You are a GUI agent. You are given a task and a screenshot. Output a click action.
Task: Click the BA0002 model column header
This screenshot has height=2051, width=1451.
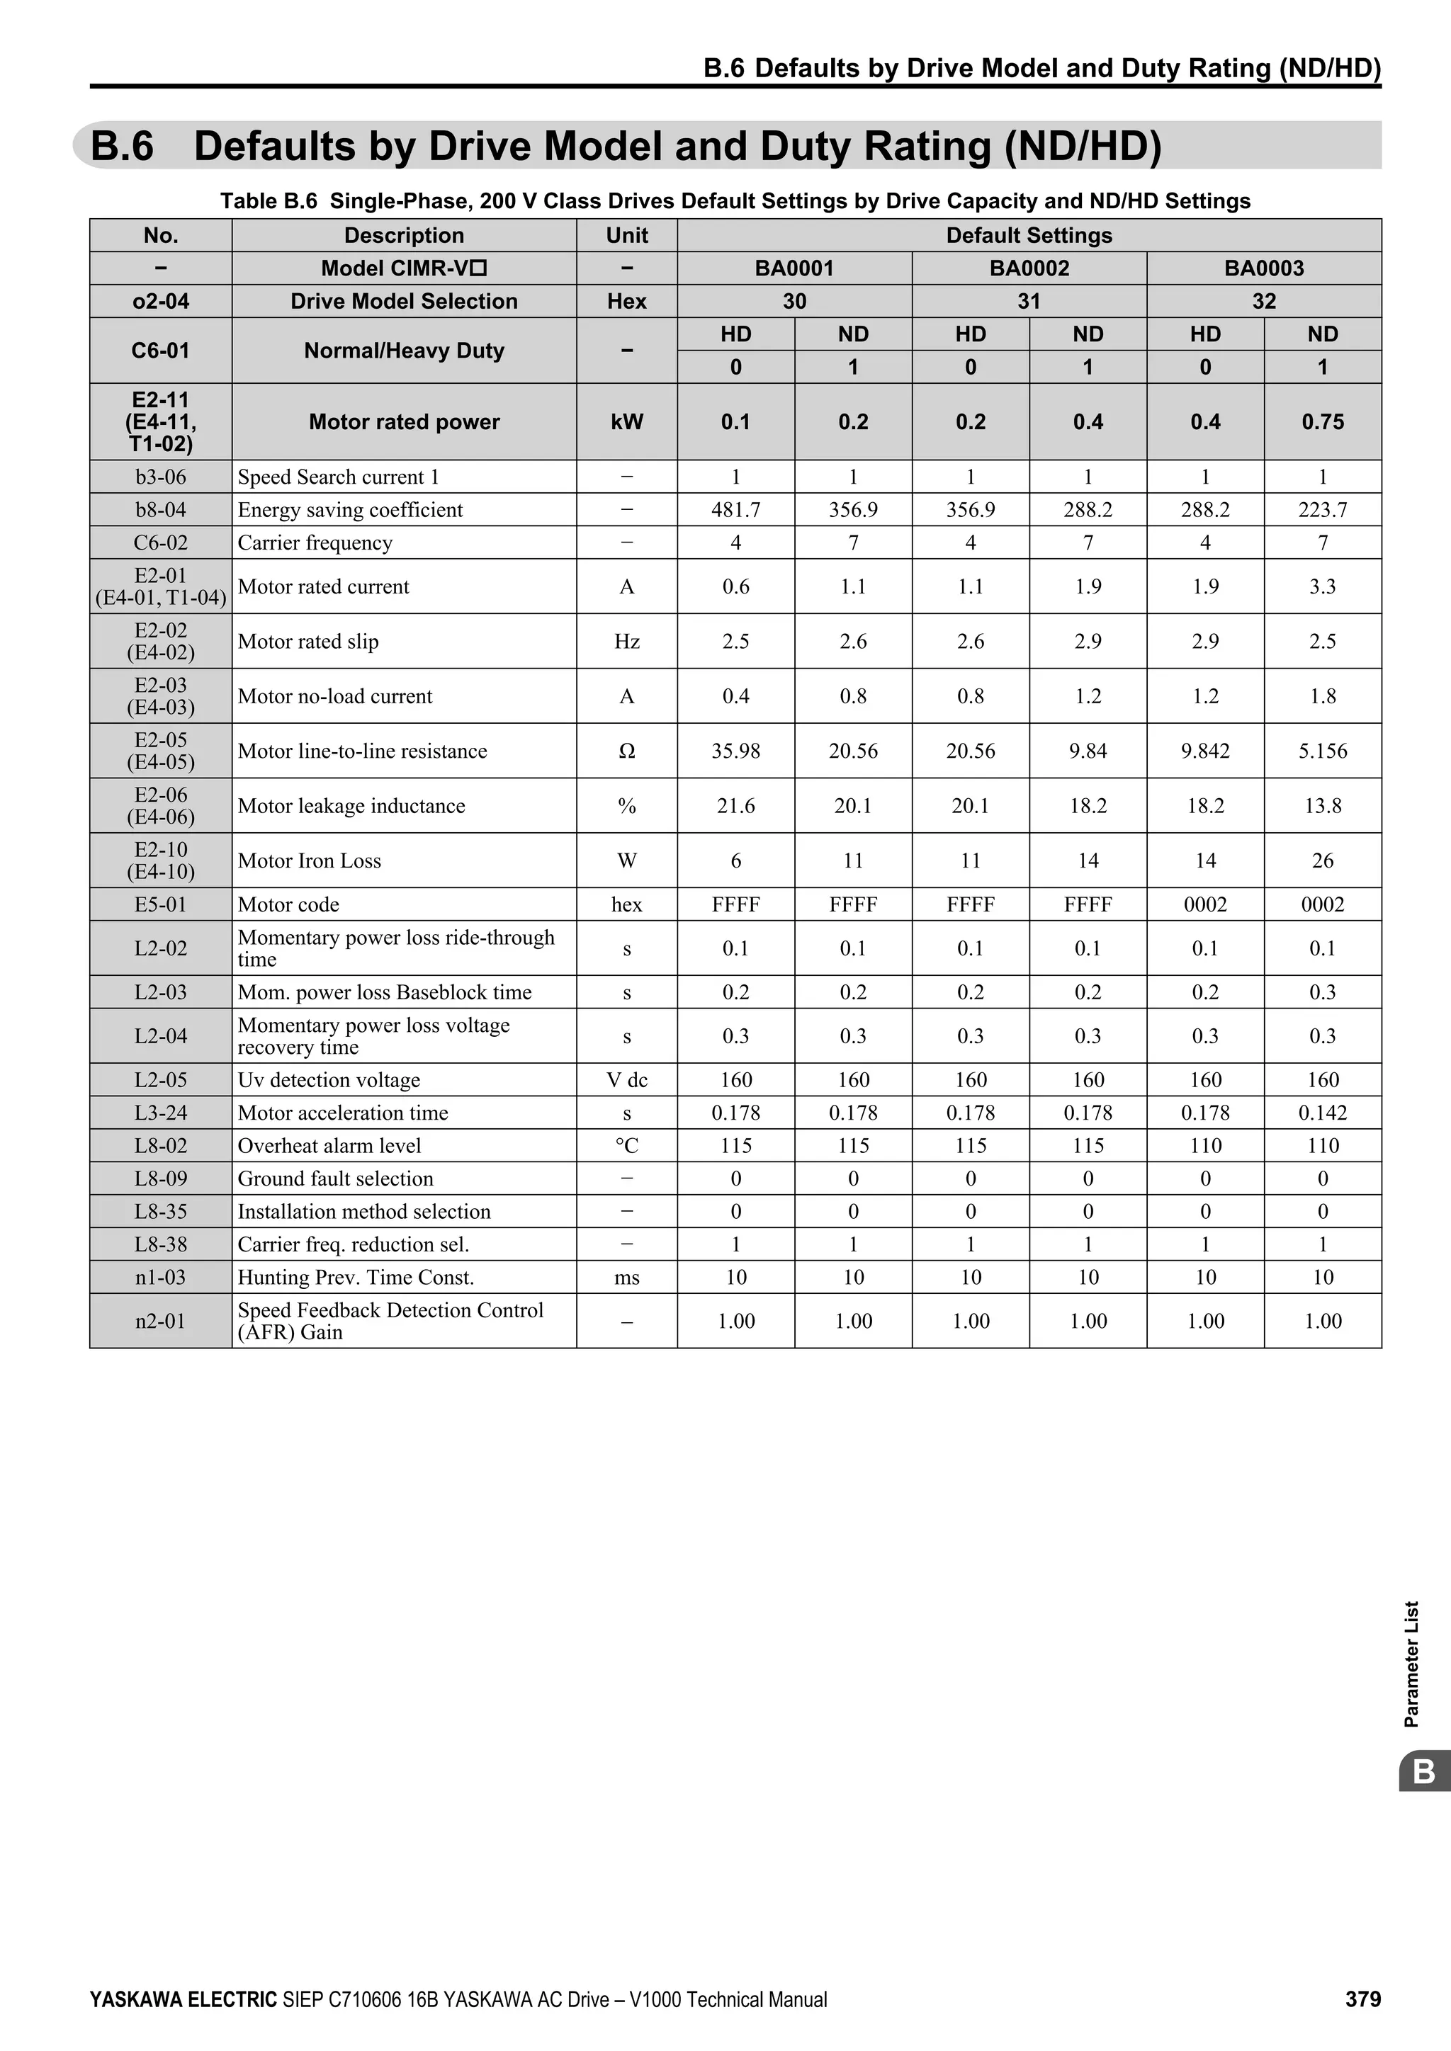[1029, 268]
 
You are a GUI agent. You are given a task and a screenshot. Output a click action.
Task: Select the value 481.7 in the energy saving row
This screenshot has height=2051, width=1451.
[735, 510]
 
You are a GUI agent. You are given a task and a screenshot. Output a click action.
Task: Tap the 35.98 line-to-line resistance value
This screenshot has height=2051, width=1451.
[735, 751]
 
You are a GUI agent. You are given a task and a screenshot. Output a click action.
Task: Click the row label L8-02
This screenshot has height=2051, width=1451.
[161, 1146]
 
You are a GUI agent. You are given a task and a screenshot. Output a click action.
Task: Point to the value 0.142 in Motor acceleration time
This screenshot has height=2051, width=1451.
[1322, 1113]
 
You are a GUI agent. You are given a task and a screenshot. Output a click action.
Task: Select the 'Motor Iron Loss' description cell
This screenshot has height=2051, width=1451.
[309, 861]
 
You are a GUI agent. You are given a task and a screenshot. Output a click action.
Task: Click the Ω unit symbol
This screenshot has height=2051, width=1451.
[626, 751]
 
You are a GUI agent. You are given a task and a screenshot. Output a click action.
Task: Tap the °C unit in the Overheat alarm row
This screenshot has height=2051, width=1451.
[626, 1146]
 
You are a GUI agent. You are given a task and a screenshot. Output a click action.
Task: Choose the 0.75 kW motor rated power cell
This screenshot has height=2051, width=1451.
[1322, 421]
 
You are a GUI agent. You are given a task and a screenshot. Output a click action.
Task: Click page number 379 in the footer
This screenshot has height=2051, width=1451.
[1362, 1999]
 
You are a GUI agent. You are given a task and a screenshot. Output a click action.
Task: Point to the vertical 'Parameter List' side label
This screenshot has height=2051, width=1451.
[1412, 1664]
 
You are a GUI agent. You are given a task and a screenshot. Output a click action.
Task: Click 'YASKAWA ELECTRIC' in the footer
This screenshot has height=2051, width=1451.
[184, 1999]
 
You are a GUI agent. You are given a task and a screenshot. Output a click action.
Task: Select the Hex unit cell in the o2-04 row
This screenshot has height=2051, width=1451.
[626, 301]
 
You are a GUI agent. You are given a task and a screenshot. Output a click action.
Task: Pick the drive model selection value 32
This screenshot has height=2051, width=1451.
[1263, 301]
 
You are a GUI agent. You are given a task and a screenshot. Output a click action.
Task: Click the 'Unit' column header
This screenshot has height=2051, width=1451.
[626, 235]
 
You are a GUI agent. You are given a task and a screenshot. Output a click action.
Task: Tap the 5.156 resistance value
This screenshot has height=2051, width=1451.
[1322, 751]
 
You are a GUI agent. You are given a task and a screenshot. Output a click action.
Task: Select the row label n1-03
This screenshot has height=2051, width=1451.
[161, 1278]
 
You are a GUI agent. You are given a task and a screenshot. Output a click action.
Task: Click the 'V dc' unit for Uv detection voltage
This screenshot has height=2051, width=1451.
[626, 1080]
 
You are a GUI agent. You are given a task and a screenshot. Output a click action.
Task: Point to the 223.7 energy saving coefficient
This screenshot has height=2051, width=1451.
[1322, 510]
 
